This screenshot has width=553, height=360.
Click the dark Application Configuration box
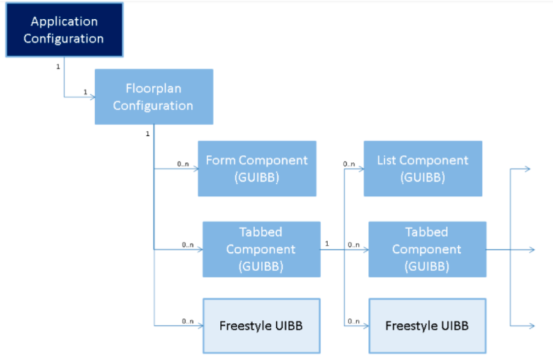[63, 30]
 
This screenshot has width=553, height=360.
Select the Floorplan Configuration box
[154, 96]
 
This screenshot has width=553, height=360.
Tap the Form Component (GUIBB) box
[256, 169]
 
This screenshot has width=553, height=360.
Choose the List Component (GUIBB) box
[423, 169]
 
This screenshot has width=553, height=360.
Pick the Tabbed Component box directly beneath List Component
[427, 249]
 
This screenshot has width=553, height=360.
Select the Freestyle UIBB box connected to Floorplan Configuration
[261, 326]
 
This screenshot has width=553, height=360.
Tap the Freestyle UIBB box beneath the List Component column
[427, 326]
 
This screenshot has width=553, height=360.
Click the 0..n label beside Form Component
[183, 164]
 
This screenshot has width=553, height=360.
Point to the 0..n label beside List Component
[349, 164]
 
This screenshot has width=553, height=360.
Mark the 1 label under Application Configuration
[57, 67]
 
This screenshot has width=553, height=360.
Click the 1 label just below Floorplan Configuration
[147, 133]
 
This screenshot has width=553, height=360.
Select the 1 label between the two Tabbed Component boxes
[326, 244]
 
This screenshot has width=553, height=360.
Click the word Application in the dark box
[63, 22]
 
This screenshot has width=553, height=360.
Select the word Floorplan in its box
[153, 89]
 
